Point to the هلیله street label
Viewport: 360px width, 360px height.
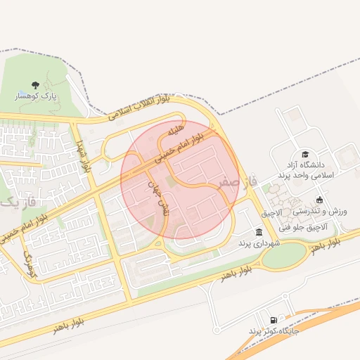click(176, 131)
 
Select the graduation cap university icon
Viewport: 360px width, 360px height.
click(305, 154)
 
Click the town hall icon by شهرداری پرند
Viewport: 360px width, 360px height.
click(259, 232)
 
